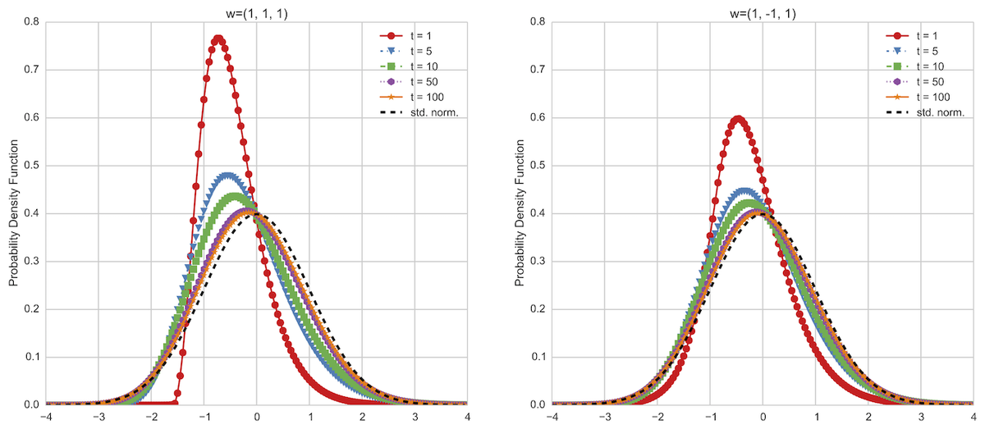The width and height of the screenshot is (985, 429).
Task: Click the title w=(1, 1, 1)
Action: pos(256,14)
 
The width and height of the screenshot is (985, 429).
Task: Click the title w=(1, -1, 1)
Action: pos(763,14)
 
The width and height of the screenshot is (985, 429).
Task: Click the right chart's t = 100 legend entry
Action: pos(919,97)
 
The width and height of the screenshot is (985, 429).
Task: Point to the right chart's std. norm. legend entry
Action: pos(925,112)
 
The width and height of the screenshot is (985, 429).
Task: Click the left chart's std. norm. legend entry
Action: pos(419,112)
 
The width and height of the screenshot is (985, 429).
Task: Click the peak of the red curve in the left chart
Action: pos(218,39)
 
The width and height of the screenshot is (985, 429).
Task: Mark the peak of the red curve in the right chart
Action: pos(739,119)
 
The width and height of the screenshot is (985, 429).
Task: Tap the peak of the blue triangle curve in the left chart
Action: pos(227,176)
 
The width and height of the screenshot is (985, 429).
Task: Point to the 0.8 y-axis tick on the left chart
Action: pos(31,21)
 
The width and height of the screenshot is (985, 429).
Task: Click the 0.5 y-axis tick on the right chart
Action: pos(537,166)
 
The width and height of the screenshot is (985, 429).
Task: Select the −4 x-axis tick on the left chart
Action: pos(46,417)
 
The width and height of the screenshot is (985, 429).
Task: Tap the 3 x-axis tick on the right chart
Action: pos(921,417)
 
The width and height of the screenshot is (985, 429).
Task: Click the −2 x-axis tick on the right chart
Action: pos(657,417)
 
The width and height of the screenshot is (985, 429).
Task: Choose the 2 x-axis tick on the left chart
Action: pos(362,417)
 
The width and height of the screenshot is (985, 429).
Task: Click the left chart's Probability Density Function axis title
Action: pos(14,212)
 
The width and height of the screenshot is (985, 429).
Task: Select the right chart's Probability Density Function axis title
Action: pos(520,212)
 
